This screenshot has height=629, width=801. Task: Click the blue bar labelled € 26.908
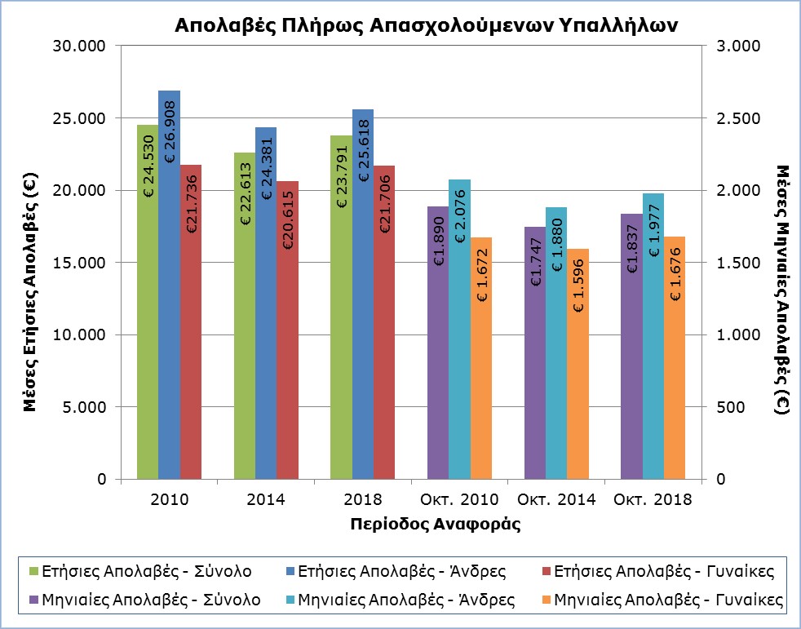point(169,286)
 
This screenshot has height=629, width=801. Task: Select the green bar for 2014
point(245,318)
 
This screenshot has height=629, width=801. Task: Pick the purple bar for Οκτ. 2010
point(438,343)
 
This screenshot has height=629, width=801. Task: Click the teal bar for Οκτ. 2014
point(556,343)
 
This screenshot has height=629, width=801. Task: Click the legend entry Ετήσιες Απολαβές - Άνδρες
point(403,569)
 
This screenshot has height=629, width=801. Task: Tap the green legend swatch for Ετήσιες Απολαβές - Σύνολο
point(33,569)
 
